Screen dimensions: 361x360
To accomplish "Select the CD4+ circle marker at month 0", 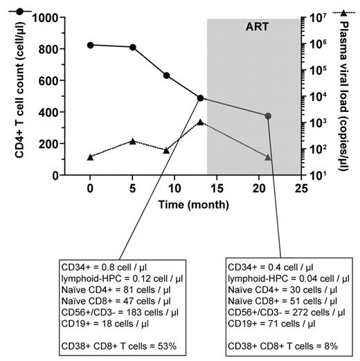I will point(90,45).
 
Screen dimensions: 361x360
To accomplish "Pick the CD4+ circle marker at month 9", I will point(166,75).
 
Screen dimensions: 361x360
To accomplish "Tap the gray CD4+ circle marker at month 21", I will point(268,116).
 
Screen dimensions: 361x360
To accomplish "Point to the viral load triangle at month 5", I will point(132,141).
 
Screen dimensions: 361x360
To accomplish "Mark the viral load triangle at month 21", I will point(268,158).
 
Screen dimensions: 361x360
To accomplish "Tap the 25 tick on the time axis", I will point(301,187).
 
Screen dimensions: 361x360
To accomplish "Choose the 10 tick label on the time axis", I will point(174,187).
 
